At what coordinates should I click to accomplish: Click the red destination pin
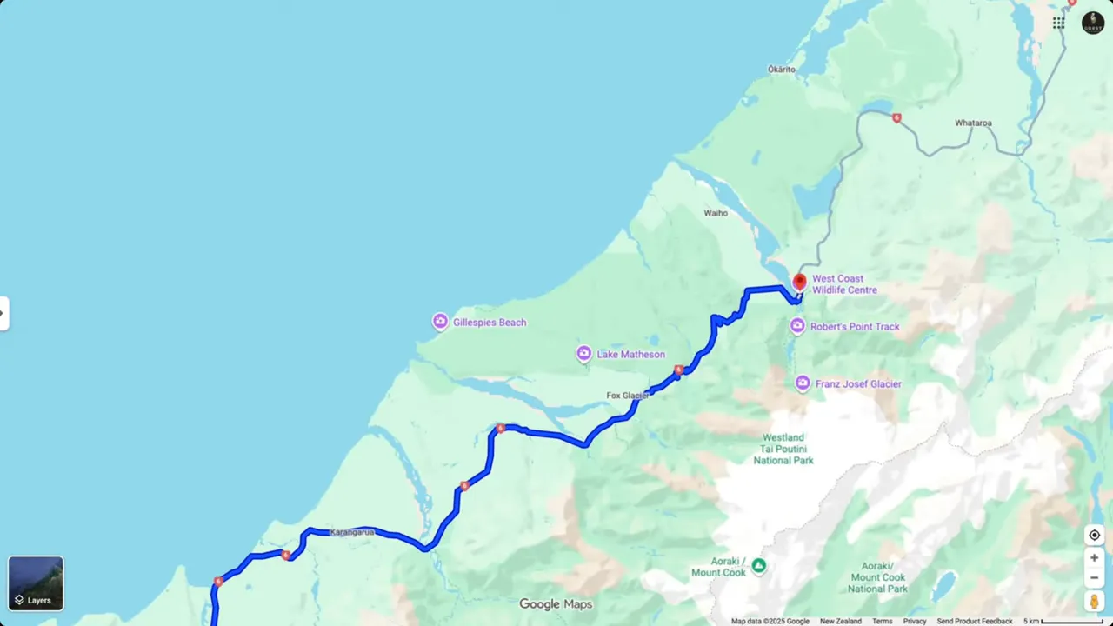(799, 282)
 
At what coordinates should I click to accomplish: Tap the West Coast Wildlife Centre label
(844, 284)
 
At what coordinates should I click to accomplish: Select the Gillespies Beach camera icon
(440, 323)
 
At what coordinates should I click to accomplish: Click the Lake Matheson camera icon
(584, 354)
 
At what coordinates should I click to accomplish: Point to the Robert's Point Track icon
(797, 326)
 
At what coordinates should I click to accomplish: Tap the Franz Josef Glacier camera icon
(803, 383)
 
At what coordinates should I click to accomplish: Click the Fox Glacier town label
(627, 396)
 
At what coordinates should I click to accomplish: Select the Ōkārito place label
(781, 70)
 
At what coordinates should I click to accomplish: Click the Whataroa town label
(973, 123)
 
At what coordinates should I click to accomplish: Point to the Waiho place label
(716, 213)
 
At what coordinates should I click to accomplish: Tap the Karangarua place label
(352, 532)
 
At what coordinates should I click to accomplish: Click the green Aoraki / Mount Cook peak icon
(759, 565)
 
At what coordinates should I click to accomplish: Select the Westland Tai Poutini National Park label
(783, 449)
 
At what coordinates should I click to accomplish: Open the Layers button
(36, 583)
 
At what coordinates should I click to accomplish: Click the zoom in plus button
(1094, 557)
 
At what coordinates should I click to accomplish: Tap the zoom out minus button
(1094, 578)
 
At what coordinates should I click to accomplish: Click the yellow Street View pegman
(1094, 602)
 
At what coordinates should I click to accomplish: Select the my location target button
(1094, 535)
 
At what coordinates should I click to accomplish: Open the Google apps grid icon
(1058, 23)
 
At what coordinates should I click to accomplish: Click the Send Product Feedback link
(974, 621)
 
